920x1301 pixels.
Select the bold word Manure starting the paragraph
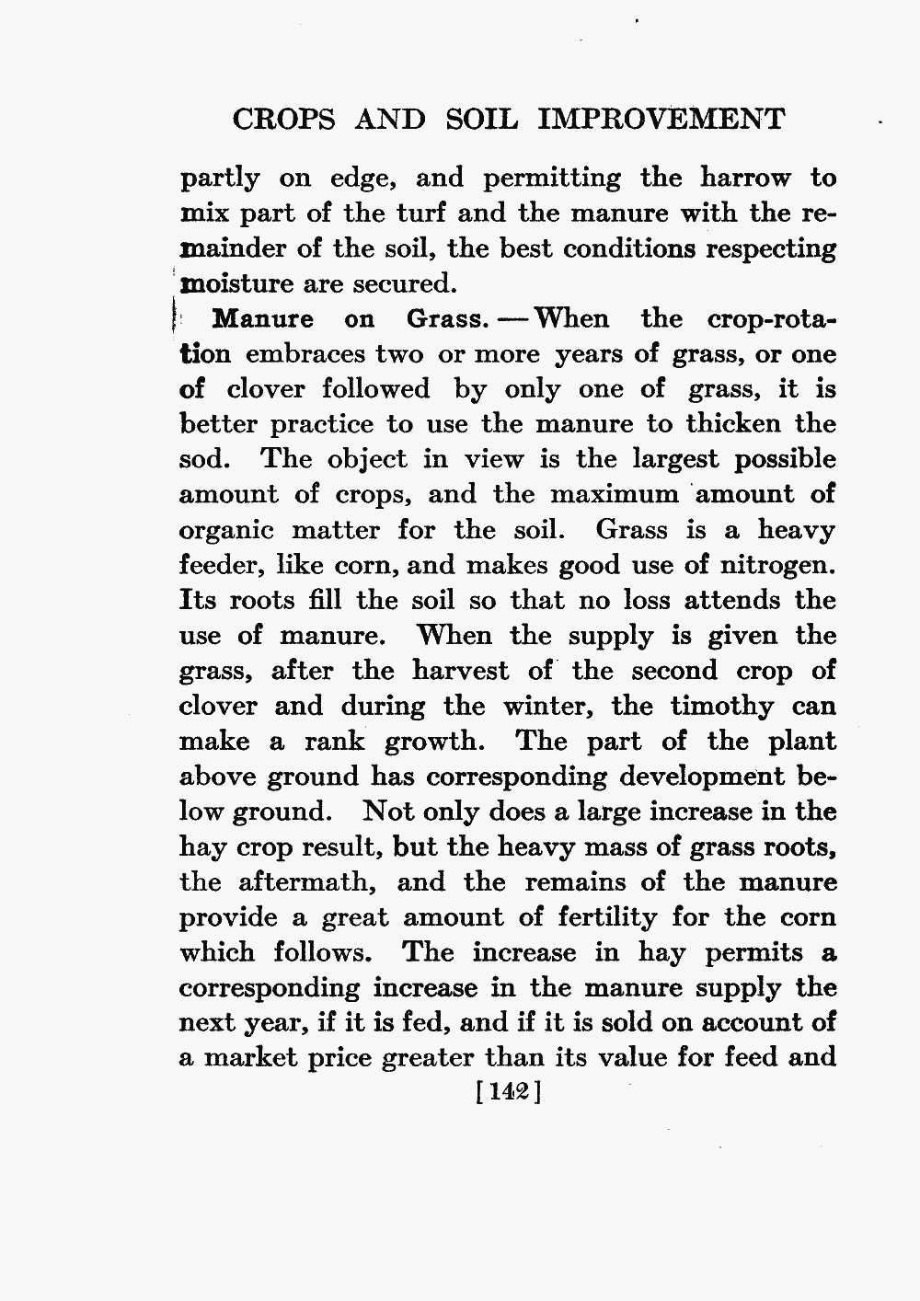pos(263,320)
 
